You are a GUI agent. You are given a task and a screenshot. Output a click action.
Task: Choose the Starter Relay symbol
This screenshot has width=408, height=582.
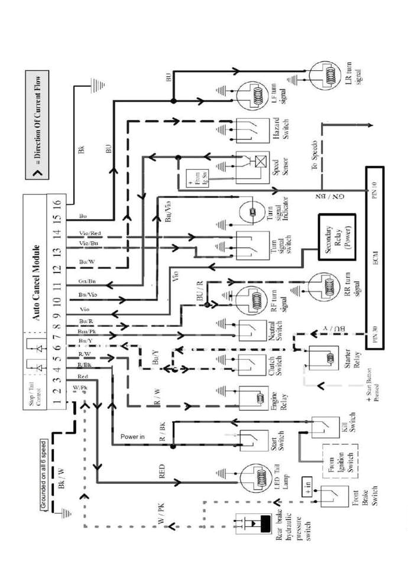tap(324, 359)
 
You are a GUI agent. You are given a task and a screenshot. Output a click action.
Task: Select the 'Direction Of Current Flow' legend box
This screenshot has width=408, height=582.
tap(37, 126)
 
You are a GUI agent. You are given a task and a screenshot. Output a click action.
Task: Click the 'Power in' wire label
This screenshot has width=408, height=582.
tap(132, 437)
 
